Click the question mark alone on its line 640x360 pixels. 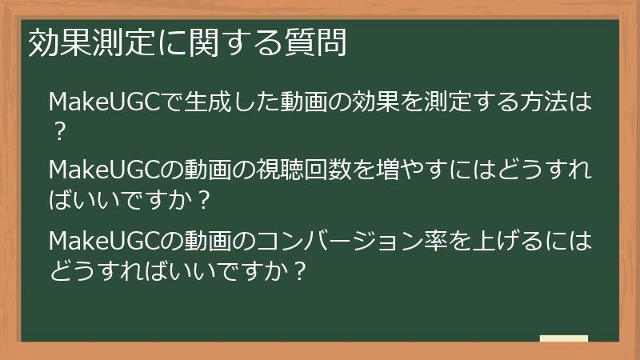click(x=58, y=130)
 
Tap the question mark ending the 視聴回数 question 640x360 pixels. click(x=204, y=199)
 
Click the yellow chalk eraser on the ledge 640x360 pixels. click(x=563, y=338)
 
